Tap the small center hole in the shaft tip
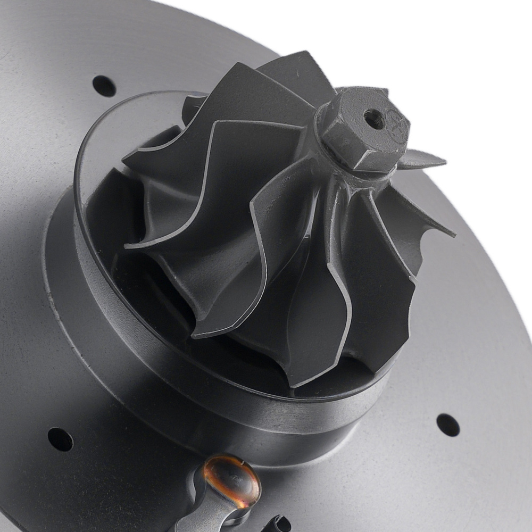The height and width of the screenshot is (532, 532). point(375,118)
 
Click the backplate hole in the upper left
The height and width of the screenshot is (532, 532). point(104,86)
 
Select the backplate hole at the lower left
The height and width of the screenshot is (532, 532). point(60,439)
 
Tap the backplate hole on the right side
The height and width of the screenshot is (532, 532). point(447,425)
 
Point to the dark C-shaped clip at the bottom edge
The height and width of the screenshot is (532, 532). point(279,525)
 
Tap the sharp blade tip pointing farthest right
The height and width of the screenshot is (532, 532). point(452,234)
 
